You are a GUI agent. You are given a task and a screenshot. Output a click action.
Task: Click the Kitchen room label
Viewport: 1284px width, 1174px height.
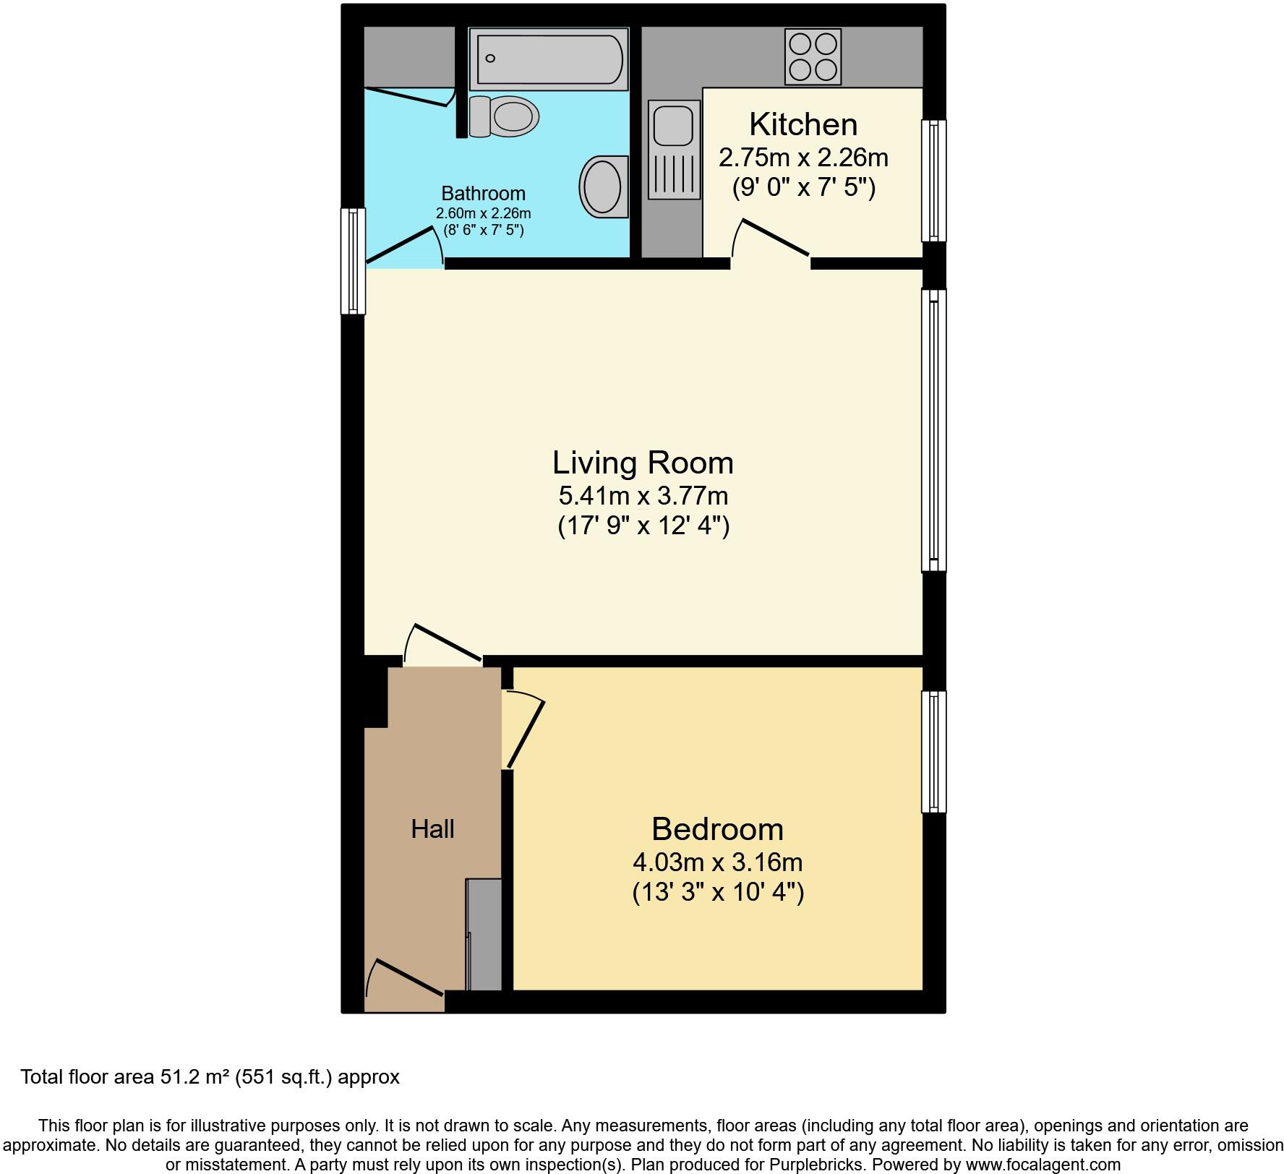803,124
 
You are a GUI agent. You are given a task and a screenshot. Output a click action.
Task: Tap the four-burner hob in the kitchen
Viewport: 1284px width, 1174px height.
813,56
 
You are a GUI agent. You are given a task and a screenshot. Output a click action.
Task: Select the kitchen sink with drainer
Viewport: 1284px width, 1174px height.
674,150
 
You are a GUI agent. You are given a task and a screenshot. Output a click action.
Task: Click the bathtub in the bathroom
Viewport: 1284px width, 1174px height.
548,59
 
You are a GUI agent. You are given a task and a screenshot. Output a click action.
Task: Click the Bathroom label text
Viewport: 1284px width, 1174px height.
483,194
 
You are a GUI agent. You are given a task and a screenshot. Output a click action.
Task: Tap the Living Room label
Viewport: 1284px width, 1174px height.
643,463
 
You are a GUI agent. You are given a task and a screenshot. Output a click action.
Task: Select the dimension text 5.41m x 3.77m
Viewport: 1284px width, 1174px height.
643,496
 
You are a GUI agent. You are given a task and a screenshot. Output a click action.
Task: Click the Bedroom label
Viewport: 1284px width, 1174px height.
717,829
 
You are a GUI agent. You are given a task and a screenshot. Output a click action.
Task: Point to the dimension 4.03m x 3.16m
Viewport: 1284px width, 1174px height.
717,862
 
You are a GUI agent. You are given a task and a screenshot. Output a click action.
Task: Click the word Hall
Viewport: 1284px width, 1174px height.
432,829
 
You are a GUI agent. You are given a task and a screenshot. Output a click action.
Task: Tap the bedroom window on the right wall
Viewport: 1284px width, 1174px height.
933,752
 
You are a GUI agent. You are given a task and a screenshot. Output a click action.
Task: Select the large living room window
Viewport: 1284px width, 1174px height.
933,430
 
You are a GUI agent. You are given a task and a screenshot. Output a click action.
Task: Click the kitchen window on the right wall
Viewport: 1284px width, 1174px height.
933,180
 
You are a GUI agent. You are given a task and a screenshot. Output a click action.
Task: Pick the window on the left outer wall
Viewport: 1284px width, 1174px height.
353,261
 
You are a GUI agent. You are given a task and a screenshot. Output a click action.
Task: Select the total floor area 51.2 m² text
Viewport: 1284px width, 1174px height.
210,1077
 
